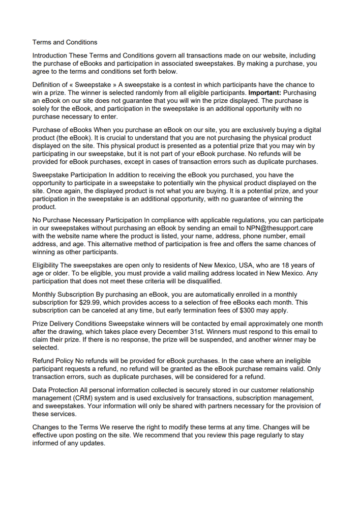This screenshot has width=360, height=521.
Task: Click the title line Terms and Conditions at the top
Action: tap(65, 42)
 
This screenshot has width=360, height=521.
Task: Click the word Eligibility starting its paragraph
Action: tap(46, 266)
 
